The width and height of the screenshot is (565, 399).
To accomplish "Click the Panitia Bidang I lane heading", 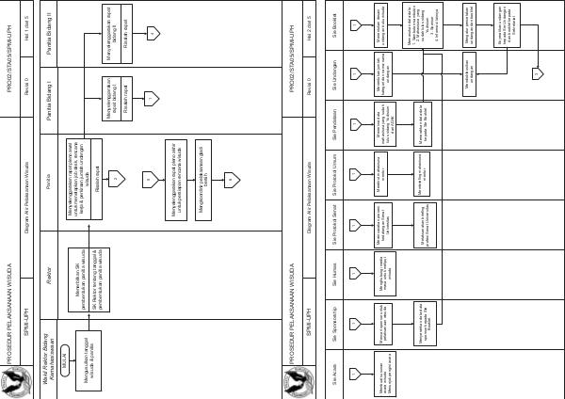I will coord(47,101).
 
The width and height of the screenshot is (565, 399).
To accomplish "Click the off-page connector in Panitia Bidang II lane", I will coord(153,33).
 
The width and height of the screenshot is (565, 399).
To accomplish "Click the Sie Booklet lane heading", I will coord(334,24).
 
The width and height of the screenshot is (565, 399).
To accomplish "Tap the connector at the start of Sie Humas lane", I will coord(355,274).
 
